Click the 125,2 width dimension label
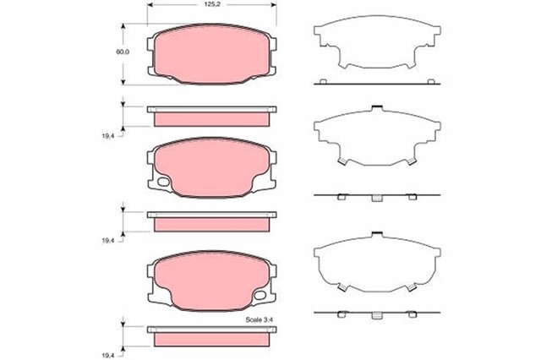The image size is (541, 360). (212, 5)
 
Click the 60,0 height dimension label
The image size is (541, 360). (123, 52)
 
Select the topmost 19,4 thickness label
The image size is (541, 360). (107, 136)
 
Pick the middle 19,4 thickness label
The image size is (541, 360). (107, 241)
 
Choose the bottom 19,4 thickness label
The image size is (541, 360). (107, 355)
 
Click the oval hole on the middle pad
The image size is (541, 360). (163, 182)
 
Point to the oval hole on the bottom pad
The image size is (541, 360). (260, 295)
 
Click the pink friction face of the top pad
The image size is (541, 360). (211, 54)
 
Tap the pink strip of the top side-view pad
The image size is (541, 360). (211, 119)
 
